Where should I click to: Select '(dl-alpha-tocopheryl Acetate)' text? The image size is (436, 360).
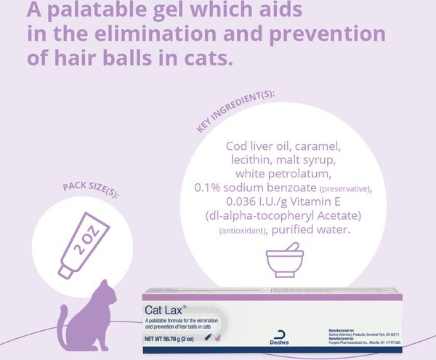click(284, 216)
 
